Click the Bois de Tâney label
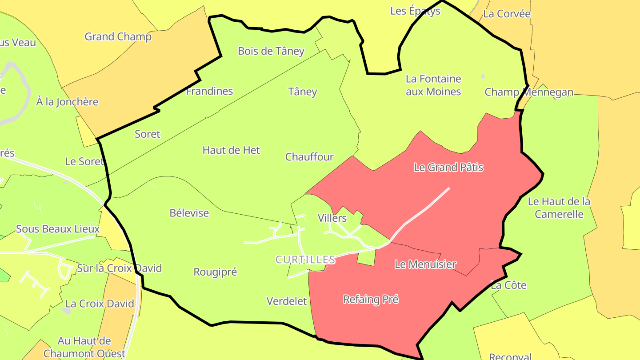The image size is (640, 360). coord(271,51)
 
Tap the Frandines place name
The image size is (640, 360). coord(209,91)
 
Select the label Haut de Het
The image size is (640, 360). coord(231,150)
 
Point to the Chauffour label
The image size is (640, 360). coord(309,157)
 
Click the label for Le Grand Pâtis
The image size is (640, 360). coord(448,168)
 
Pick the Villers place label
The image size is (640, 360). coord(332,218)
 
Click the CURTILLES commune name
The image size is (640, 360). coord(305,260)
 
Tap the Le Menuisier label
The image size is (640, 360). coord(425,264)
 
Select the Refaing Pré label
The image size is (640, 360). coord(371,300)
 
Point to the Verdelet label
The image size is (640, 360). coord(287,301)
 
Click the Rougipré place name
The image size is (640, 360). coord(215,272)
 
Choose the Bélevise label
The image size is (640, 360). coord(189,213)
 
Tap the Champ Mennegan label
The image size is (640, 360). coord(529,92)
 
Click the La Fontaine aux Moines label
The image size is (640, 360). coord(433,85)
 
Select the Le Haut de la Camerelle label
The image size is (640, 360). coord(559,208)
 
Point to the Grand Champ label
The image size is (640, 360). coord(118,36)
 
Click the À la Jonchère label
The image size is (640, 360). coord(67,102)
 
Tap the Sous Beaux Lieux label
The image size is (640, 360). coord(58,229)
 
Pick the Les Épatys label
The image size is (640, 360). coord(415,11)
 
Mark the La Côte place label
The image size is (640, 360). coord(508,285)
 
